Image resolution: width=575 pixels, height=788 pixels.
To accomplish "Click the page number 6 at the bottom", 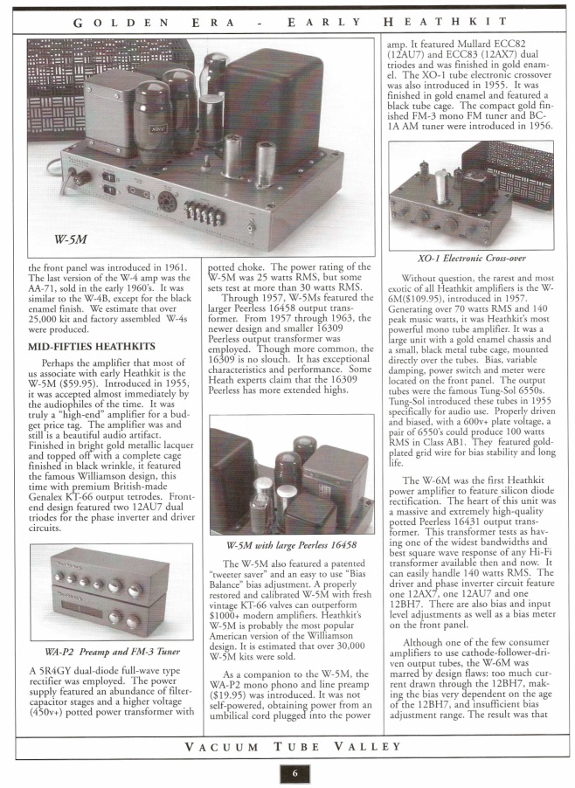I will (295, 772).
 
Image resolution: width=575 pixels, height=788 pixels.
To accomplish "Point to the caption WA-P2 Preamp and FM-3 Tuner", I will (100, 652).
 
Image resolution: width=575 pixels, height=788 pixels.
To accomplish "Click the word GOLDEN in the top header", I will (113, 19).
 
